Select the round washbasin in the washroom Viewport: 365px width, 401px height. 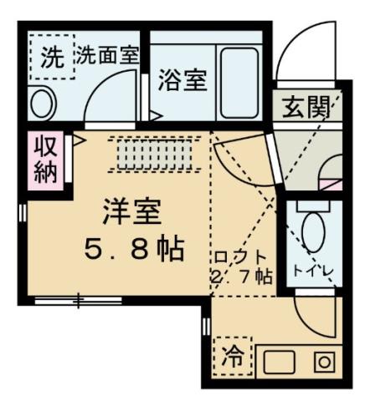[42, 103]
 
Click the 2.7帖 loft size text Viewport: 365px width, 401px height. [242, 277]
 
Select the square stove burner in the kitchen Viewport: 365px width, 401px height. [322, 363]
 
